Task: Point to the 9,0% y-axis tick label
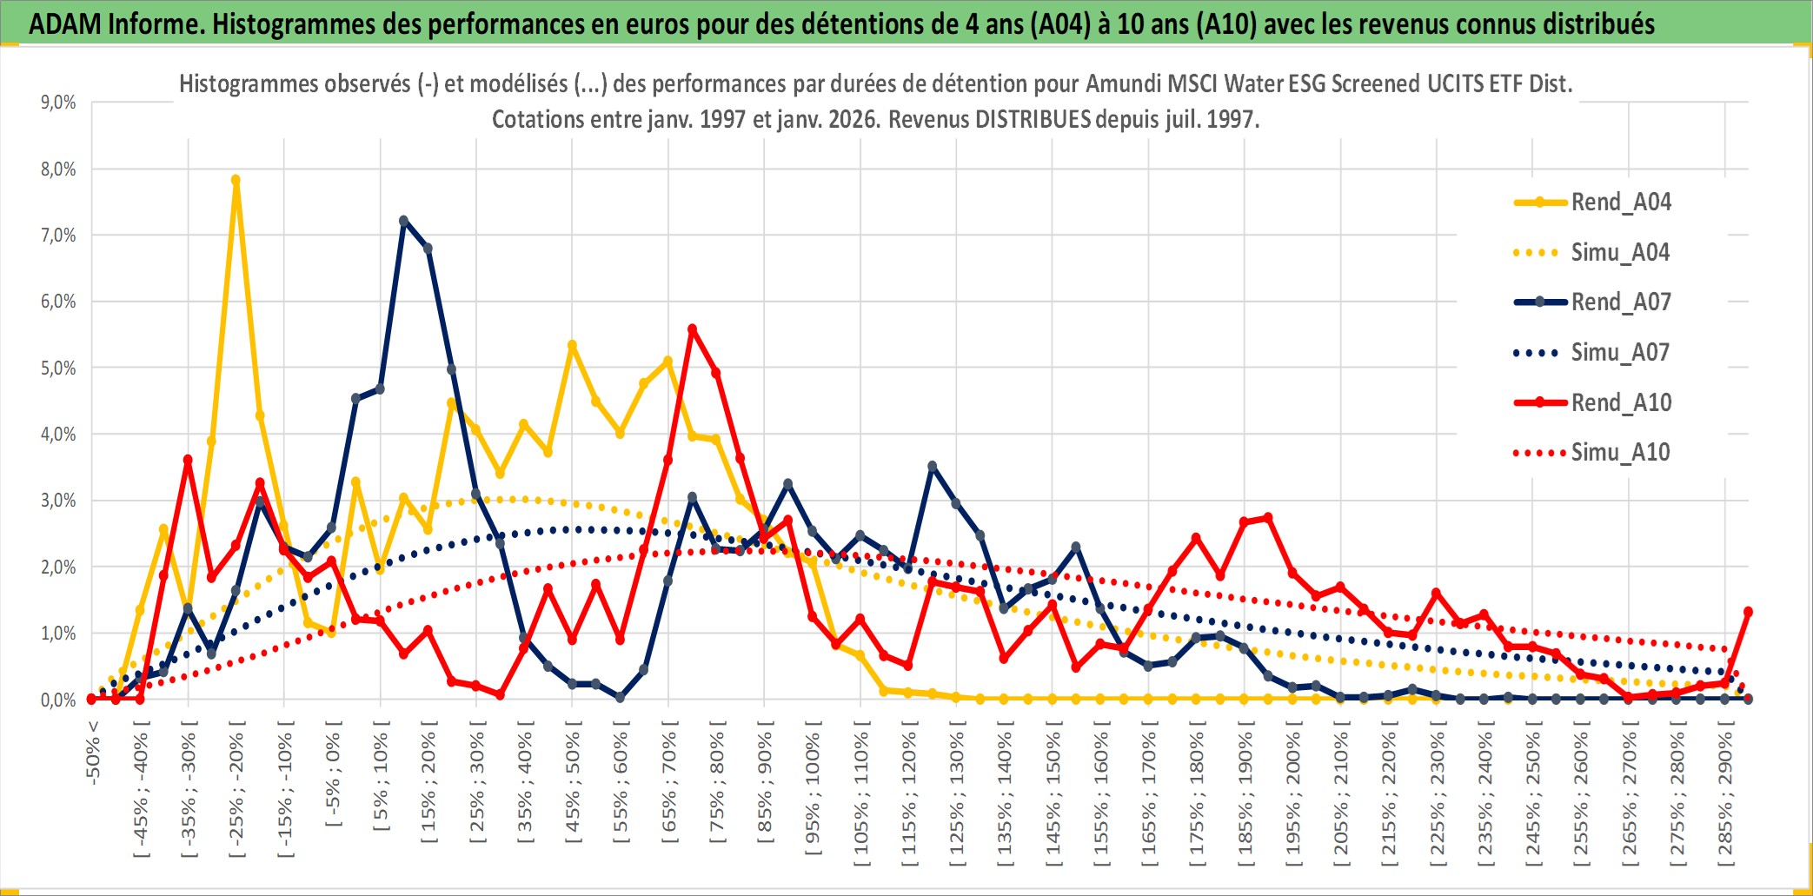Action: coord(58,103)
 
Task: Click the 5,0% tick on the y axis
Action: coord(58,368)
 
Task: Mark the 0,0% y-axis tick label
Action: coord(58,700)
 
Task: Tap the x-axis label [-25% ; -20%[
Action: coord(236,793)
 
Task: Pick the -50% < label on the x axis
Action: coord(93,753)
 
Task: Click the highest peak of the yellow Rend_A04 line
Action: coord(236,181)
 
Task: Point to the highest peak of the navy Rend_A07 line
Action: coord(403,221)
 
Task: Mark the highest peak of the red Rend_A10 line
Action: coord(693,329)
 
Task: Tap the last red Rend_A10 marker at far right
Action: coord(1748,612)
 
